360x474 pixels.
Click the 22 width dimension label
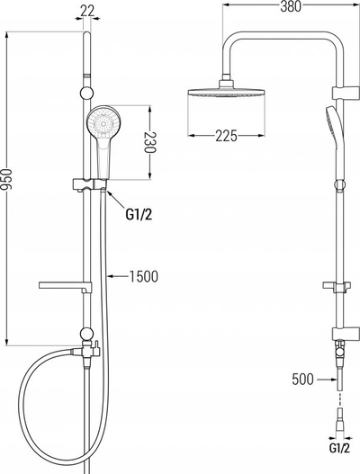click(87, 11)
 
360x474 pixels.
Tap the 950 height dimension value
click(6, 180)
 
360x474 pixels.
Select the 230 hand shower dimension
click(149, 142)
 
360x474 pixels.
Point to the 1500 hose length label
click(144, 276)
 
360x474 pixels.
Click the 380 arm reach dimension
click(291, 6)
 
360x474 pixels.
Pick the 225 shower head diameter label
click(226, 136)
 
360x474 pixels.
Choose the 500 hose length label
click(302, 379)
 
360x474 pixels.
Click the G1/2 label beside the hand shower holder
click(139, 215)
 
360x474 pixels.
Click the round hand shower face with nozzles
click(103, 123)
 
